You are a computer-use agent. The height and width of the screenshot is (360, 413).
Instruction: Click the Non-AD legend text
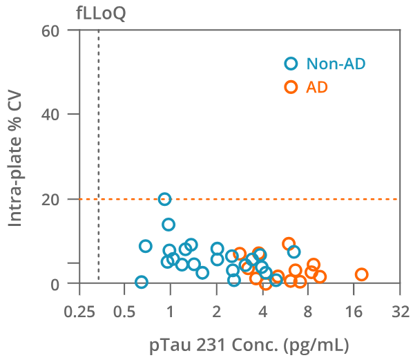336,64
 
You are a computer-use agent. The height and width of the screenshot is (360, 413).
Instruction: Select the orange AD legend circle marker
291,86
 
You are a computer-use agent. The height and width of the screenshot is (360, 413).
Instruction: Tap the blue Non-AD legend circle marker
291,64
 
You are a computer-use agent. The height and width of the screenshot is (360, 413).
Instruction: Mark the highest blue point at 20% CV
164,199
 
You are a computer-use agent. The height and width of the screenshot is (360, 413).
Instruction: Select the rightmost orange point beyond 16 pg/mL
361,274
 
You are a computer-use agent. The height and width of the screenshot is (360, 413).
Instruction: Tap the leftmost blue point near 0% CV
142,282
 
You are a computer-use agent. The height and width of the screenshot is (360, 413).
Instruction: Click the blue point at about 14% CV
169,225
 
